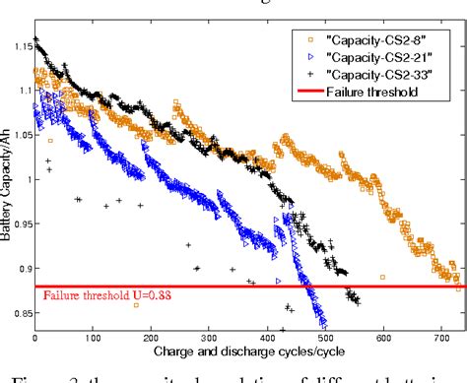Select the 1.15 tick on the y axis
(22, 42)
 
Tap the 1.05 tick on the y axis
(22, 133)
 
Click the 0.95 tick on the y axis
(22, 223)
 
